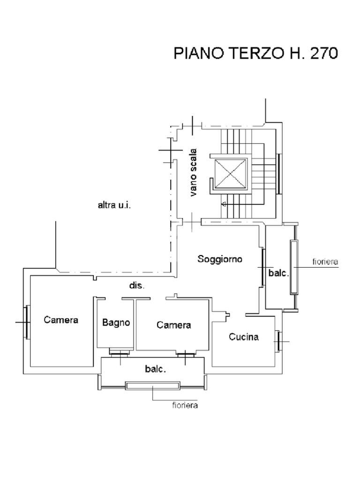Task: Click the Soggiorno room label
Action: click(x=220, y=259)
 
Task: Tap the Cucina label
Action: click(x=244, y=337)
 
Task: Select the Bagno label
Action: click(x=116, y=322)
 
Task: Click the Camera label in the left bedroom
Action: click(x=61, y=320)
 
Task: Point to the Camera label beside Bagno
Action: click(x=173, y=325)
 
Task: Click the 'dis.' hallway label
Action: click(x=136, y=285)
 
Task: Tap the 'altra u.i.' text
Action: click(x=114, y=205)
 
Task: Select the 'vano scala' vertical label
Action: click(x=193, y=172)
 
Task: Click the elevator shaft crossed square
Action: click(x=231, y=173)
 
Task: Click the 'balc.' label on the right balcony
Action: click(x=279, y=273)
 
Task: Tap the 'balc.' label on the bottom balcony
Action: click(x=156, y=369)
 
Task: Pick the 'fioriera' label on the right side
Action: click(x=325, y=262)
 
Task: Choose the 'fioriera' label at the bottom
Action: click(x=185, y=405)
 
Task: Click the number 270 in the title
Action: click(x=324, y=53)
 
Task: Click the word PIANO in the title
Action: click(x=200, y=53)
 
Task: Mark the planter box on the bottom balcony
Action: click(x=152, y=386)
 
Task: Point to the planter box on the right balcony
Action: click(x=294, y=267)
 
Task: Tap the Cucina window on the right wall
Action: click(x=278, y=341)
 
